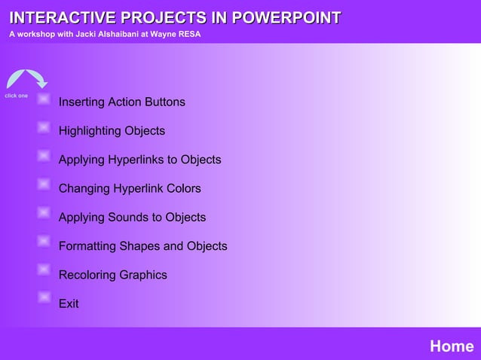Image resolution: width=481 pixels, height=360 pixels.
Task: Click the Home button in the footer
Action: (x=451, y=346)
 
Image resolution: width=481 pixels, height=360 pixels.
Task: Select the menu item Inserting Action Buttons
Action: (x=121, y=102)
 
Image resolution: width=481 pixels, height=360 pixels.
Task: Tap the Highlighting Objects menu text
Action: (x=112, y=131)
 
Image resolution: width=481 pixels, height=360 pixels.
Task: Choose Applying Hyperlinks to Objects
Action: (x=139, y=160)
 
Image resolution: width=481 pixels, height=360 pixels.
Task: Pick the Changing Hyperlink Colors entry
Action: (x=130, y=188)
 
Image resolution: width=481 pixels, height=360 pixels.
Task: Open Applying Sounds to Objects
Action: (x=132, y=217)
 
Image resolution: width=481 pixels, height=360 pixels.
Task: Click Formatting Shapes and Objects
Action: (x=142, y=246)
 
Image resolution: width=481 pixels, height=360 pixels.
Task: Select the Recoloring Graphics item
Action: (x=112, y=275)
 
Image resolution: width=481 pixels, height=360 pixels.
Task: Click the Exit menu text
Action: (x=69, y=304)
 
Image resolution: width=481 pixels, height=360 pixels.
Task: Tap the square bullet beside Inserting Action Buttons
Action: (x=44, y=99)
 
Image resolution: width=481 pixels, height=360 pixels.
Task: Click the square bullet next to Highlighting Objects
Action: (x=44, y=127)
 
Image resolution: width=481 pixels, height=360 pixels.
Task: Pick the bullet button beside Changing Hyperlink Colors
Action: (x=44, y=184)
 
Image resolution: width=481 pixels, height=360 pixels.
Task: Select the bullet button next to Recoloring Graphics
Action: (x=44, y=270)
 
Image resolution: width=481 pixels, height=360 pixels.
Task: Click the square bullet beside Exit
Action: (x=44, y=297)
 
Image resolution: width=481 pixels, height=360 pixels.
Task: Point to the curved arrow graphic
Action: (x=26, y=79)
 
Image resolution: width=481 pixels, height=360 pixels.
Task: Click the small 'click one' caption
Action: (x=16, y=96)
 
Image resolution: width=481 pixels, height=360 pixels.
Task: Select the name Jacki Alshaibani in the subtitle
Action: (x=109, y=34)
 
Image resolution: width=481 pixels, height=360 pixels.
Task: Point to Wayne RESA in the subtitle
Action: (x=176, y=34)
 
